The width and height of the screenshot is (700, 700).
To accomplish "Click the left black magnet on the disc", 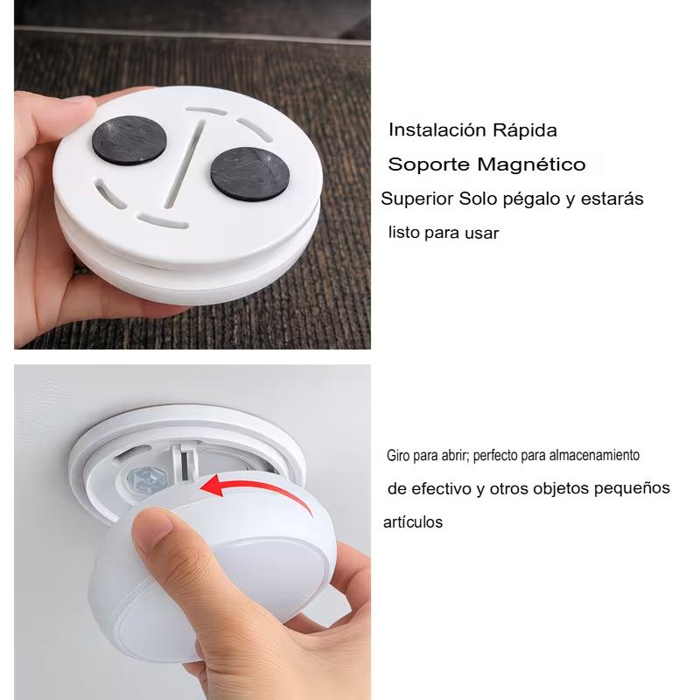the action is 129,140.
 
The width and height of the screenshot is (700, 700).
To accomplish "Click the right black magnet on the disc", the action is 250,173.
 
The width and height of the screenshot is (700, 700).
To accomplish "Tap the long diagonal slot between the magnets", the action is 185,164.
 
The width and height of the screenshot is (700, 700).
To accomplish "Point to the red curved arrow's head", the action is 212,486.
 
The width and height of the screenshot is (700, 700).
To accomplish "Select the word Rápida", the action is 525,130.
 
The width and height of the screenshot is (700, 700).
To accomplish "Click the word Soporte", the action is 429,164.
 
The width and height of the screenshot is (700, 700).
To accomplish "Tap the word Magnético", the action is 531,164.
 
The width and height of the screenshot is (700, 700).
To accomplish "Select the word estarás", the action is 612,199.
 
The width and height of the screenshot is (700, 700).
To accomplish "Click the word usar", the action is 481,233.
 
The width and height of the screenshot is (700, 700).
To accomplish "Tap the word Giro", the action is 398,455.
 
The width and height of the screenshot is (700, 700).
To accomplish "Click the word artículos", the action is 413,521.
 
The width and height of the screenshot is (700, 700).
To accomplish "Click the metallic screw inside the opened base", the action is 147,479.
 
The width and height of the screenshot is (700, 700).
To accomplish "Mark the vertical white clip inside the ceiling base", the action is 184,463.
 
